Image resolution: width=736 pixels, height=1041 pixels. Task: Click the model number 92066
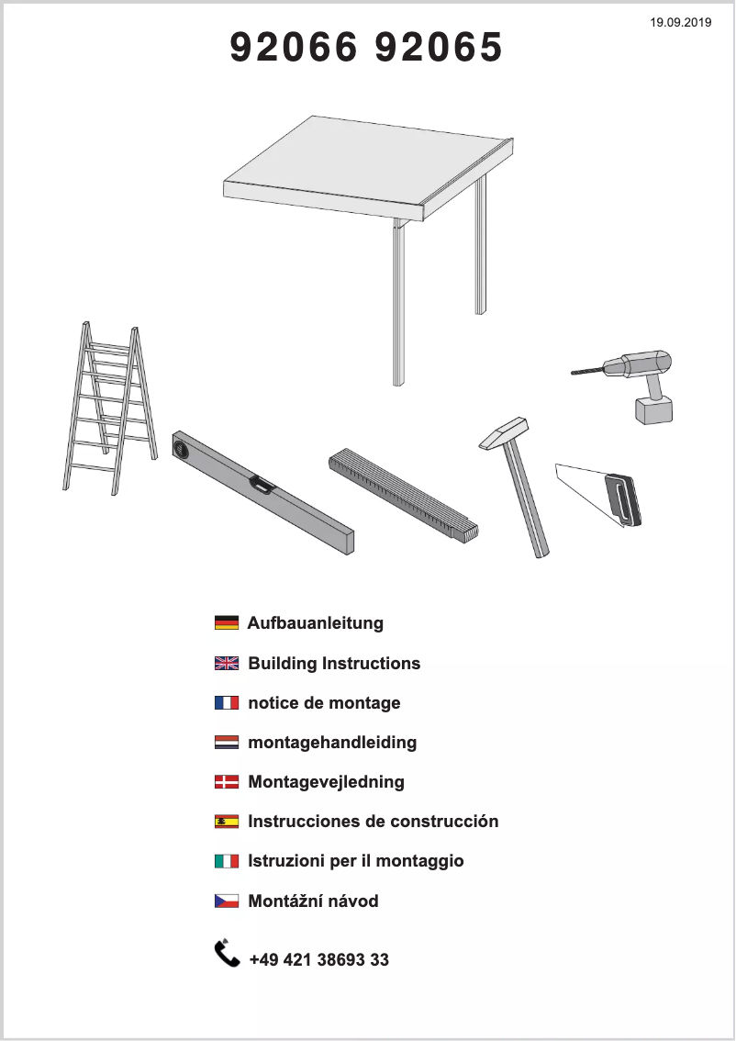tap(294, 47)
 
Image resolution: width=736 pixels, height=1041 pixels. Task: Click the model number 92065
tap(439, 47)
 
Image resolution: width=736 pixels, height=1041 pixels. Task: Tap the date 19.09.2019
tap(680, 23)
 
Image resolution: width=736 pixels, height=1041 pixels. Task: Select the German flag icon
tap(227, 622)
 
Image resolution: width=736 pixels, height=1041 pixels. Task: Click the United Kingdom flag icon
tap(227, 663)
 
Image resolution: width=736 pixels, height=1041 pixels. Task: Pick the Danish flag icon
tap(227, 781)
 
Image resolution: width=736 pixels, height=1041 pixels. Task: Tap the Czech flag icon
tap(227, 901)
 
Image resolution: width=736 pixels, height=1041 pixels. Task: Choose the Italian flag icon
tap(227, 860)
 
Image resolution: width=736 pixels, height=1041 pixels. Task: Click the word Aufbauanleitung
tap(316, 623)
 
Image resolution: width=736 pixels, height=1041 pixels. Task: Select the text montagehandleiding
tap(332, 743)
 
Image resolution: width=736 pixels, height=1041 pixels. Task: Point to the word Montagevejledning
tap(327, 782)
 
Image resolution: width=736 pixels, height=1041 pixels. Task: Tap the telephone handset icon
tap(227, 954)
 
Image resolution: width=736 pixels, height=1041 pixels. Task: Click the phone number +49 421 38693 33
tap(319, 959)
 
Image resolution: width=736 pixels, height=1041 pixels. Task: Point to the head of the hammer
tap(503, 433)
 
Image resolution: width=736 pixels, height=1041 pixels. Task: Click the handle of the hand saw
tap(622, 498)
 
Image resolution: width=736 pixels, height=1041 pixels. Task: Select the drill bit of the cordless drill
tap(588, 370)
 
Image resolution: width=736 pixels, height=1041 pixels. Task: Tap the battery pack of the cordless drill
tap(653, 409)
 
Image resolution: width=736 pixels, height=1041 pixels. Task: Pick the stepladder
tap(110, 408)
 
